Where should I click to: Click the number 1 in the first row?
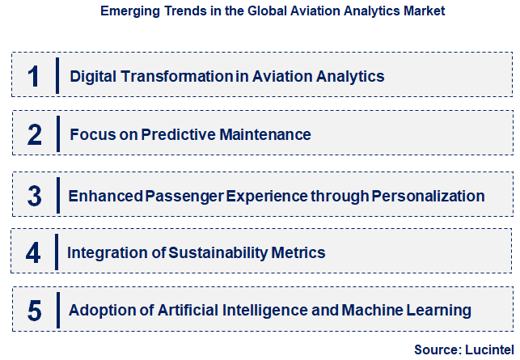tap(33, 77)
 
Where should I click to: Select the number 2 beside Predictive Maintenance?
tap(34, 134)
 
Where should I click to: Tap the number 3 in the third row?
tap(34, 196)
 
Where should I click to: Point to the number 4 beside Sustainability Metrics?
tap(33, 253)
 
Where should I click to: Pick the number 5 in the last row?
tap(34, 310)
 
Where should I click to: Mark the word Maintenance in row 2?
tap(267, 134)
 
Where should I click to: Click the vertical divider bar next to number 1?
tap(58, 75)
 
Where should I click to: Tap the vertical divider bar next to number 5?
tap(58, 309)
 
